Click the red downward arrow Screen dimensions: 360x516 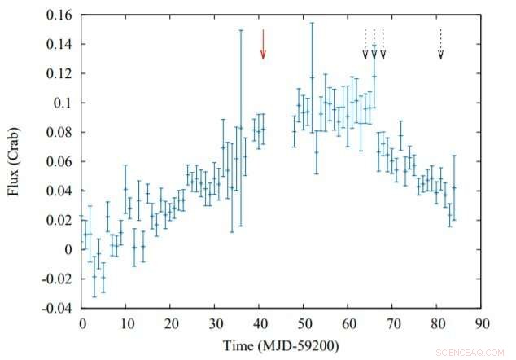pos(263,44)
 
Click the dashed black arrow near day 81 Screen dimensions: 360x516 pos(440,44)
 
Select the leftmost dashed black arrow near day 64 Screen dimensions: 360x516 pos(365,44)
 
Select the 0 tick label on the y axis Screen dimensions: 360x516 pos(71,249)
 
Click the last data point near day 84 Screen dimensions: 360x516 pos(454,187)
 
